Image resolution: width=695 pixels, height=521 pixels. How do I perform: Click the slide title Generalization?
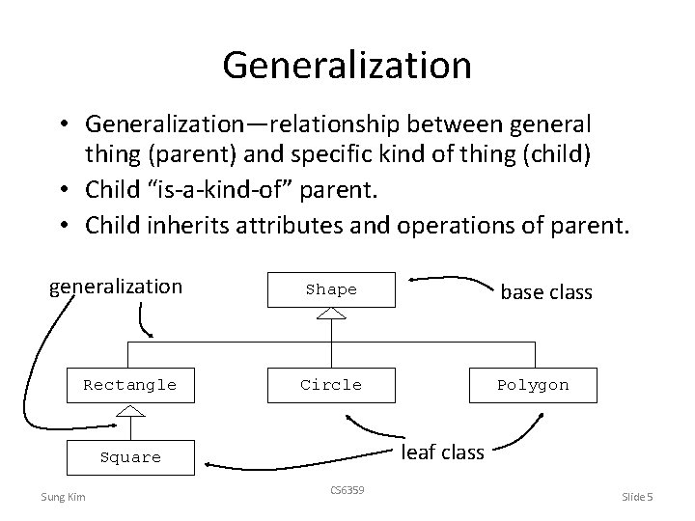347,65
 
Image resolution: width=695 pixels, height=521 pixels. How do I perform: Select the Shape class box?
331,289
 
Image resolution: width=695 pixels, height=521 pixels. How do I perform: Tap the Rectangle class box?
129,385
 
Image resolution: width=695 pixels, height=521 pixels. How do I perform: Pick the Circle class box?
331,385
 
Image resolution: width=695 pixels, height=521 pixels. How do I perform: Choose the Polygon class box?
533,385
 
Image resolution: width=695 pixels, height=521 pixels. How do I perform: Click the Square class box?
129,457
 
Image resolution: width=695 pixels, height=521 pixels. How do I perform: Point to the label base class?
545,290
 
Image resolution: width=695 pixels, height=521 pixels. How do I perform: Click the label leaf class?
442,451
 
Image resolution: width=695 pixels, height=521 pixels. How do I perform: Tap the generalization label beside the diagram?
115,287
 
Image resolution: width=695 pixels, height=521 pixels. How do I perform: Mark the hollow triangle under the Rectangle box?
129,411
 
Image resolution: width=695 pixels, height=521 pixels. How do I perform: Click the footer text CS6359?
347,490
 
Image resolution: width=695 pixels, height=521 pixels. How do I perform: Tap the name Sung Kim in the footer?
62,497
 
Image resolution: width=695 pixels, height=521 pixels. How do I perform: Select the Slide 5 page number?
637,497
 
